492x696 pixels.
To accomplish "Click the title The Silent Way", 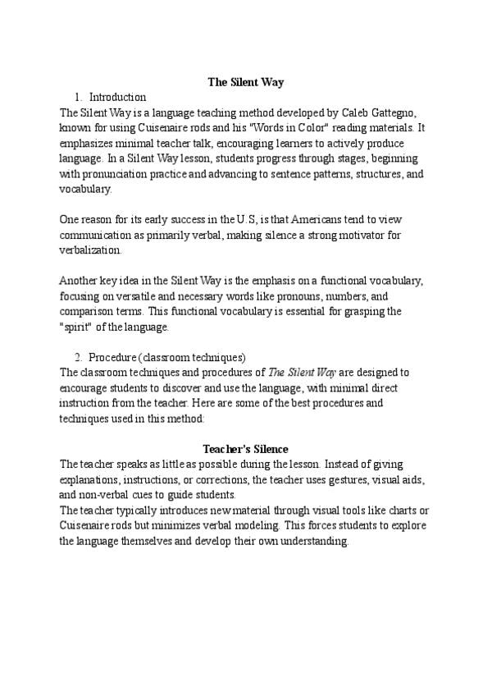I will point(245,82).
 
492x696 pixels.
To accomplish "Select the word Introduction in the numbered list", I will point(117,97).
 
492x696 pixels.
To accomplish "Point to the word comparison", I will point(92,311).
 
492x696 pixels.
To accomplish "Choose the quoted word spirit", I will point(78,327).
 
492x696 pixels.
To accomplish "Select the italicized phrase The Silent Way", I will point(296,372).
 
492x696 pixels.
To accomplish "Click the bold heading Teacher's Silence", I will point(245,449).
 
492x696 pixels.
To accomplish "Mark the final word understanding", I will point(314,541).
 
